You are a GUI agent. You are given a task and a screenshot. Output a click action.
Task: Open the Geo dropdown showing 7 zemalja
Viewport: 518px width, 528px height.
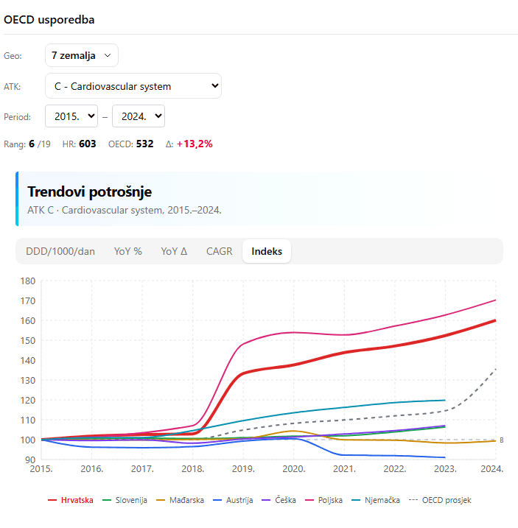[x=81, y=55]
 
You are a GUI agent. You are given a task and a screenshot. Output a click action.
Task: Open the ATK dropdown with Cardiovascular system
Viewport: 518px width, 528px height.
[x=133, y=86]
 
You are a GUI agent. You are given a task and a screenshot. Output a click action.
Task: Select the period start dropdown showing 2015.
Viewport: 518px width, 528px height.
[x=71, y=116]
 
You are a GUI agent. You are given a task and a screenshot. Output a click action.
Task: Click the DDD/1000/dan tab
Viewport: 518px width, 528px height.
[x=60, y=251]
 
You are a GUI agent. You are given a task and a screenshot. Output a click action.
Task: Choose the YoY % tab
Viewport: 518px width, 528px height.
[x=128, y=251]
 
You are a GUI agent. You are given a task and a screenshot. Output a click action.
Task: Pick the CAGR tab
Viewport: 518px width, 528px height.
[x=219, y=251]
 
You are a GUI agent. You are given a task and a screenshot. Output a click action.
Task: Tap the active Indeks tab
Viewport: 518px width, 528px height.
[x=267, y=251]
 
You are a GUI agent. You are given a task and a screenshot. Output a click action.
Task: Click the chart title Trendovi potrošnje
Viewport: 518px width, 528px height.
[x=89, y=191]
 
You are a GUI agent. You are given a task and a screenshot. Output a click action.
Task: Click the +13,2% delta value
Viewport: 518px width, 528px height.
[x=195, y=144]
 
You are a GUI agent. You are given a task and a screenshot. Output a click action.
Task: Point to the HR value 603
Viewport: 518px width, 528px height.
[x=88, y=144]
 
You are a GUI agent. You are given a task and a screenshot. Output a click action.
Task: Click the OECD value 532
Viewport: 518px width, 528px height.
[x=144, y=144]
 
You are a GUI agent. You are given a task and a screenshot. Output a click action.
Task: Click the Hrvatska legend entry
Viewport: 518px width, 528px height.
[x=71, y=500]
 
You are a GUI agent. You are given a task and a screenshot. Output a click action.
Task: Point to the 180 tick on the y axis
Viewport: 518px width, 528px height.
[x=28, y=281]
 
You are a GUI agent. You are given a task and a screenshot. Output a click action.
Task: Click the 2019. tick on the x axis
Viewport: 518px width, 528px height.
[x=243, y=468]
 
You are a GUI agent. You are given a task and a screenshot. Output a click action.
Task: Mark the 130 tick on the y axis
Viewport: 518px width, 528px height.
[x=28, y=380]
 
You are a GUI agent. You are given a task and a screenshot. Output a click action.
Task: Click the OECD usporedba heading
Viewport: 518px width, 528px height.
[x=49, y=19]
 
